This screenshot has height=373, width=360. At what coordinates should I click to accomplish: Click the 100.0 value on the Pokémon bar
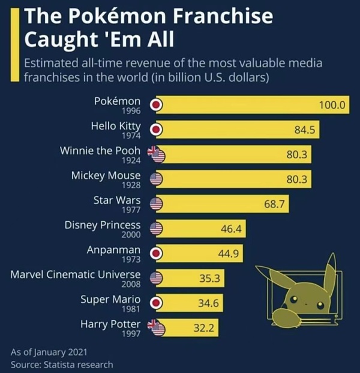point(332,105)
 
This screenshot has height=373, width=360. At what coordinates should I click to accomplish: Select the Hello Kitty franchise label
point(116,126)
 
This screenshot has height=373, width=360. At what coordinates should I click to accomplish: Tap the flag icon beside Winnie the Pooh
point(156,154)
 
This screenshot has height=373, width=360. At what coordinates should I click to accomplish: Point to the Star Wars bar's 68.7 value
point(277,204)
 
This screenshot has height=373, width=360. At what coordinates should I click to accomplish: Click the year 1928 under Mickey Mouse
point(130,185)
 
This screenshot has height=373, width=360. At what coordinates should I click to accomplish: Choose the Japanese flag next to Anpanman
point(156,253)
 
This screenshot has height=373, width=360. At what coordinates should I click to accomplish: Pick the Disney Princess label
point(103,225)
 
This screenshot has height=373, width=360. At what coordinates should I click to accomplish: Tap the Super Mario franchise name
point(110,299)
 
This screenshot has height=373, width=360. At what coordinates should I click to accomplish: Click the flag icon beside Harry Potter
point(156,327)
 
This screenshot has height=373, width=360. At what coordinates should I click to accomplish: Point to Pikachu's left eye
point(293,299)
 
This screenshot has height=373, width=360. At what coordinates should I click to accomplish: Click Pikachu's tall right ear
point(329,270)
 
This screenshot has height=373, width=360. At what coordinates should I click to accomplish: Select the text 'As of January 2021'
point(49,352)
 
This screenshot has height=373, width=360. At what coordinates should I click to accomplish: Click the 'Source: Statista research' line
point(62,364)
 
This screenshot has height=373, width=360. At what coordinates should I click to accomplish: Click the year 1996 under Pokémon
point(131,111)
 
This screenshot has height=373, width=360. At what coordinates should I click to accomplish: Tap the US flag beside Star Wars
point(156,204)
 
